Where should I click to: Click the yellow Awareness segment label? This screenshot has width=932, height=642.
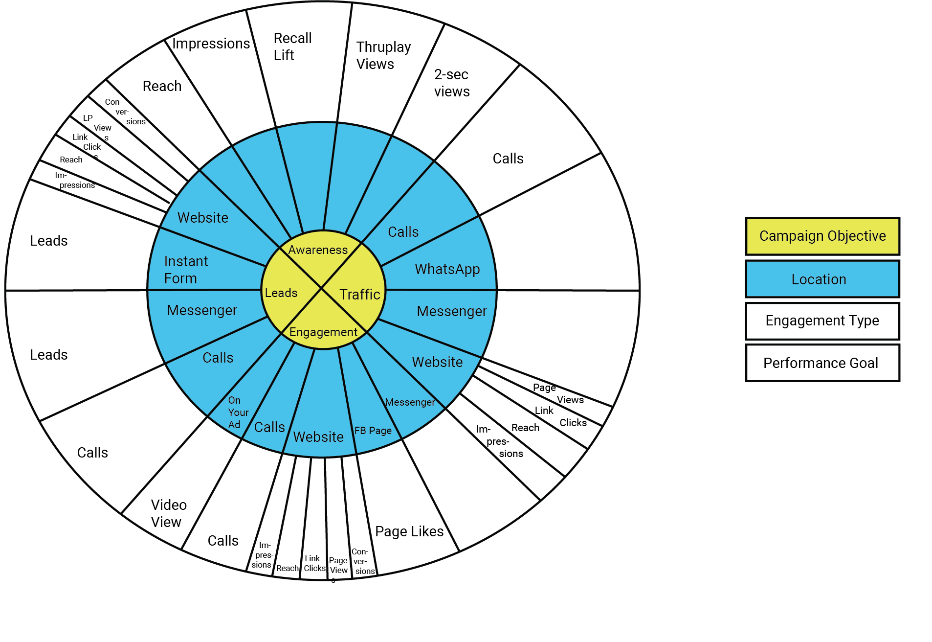[x=318, y=250]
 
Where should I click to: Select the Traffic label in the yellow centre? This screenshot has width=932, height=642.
[x=360, y=295]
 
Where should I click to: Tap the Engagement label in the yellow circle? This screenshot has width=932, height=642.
[x=323, y=332]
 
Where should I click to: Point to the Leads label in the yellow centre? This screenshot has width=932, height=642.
[x=281, y=293]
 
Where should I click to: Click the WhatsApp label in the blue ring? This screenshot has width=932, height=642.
[x=447, y=269]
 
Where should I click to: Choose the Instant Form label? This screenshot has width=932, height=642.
[x=186, y=270]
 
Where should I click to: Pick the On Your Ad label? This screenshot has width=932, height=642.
[x=238, y=413]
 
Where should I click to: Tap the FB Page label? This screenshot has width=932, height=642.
[x=373, y=431]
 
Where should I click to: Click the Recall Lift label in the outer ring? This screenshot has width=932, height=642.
[x=292, y=46]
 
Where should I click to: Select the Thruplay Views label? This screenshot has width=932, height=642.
[x=383, y=55]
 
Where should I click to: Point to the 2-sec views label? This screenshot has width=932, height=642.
[x=451, y=83]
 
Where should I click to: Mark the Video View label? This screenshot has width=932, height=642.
[x=168, y=513]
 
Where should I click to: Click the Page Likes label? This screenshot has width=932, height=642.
[x=409, y=531]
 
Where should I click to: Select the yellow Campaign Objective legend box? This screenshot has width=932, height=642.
[x=822, y=236]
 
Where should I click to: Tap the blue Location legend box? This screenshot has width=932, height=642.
[x=822, y=279]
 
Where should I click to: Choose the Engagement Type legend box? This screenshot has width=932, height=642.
[x=822, y=321]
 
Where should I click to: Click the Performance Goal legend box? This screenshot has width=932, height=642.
[x=822, y=363]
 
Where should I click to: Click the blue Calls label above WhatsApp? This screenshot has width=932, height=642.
[x=403, y=232]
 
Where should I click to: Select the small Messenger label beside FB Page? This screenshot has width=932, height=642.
[x=410, y=402]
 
